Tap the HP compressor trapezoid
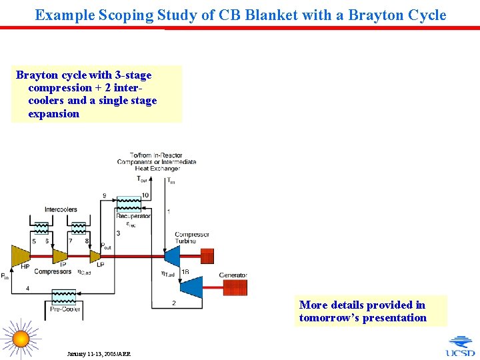[21, 256]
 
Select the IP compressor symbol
[60, 256]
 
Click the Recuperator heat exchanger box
[133, 204]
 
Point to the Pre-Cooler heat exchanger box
[64, 297]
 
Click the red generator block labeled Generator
[234, 287]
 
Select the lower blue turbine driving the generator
[192, 287]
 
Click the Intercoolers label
[61, 209]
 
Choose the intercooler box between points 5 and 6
[41, 228]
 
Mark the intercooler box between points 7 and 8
[79, 228]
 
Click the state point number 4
[27, 288]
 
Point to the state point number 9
[104, 195]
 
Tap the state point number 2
[174, 303]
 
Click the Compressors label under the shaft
[53, 272]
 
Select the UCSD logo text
[461, 353]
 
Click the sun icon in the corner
[21, 339]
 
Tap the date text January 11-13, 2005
[99, 353]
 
